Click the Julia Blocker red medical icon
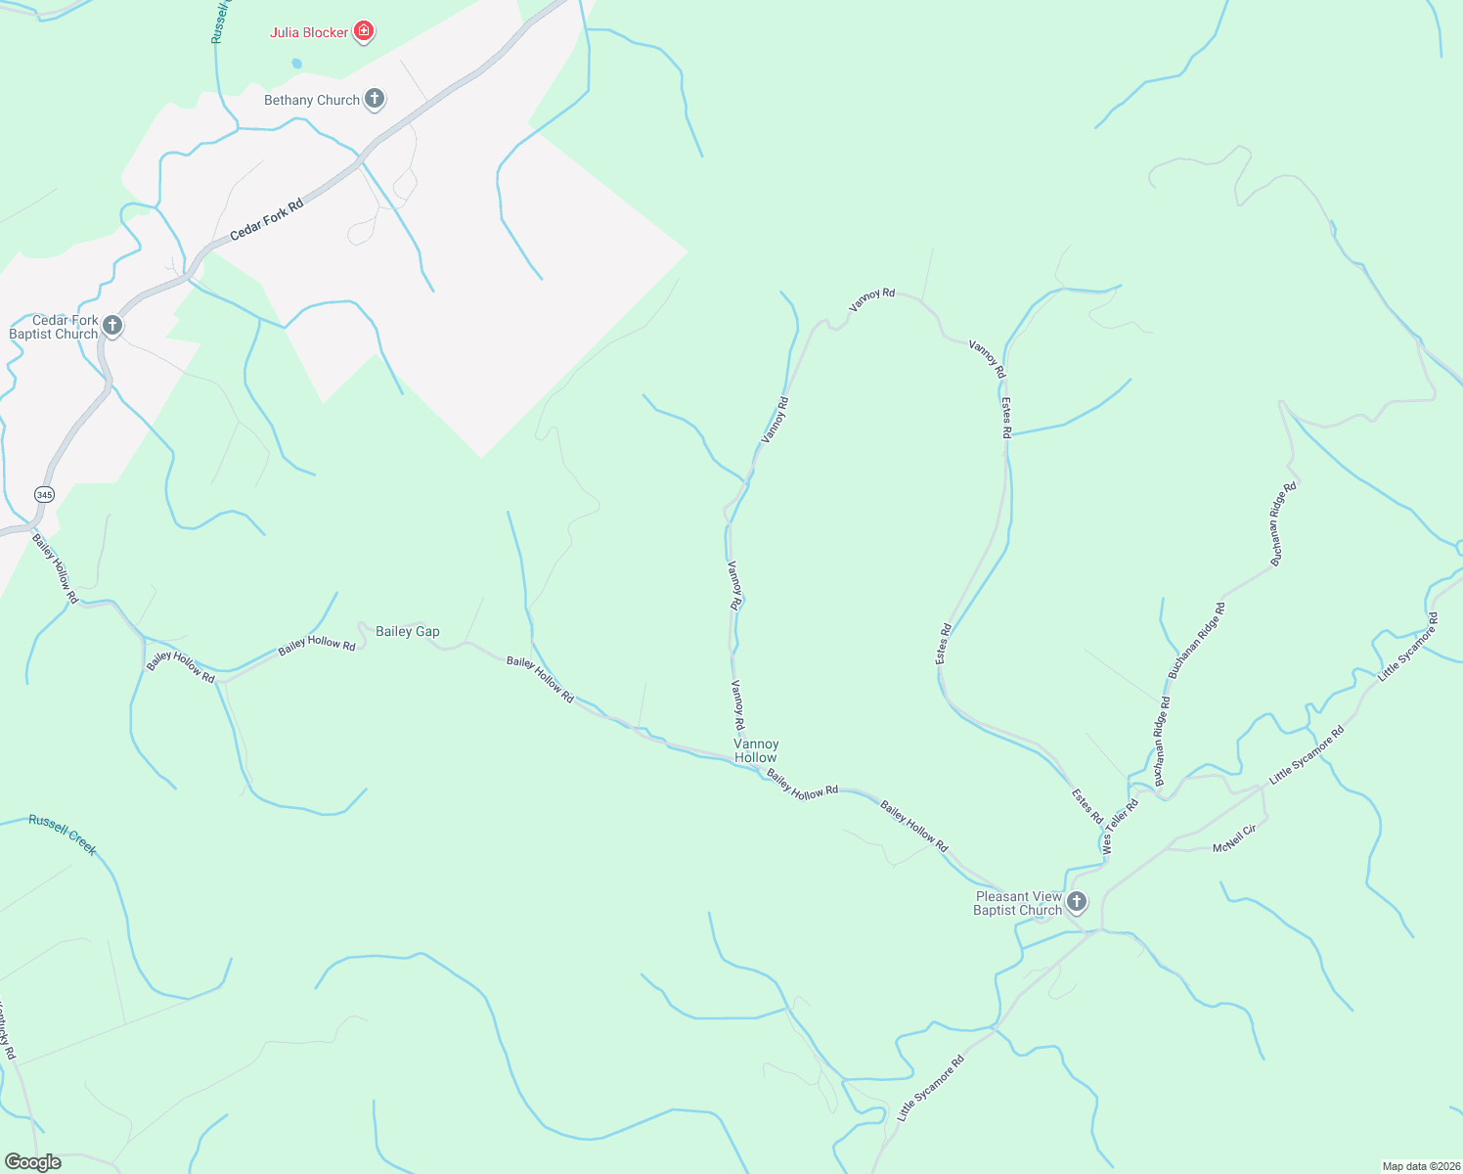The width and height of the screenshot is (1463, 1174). (364, 32)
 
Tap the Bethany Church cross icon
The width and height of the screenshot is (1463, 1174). (374, 99)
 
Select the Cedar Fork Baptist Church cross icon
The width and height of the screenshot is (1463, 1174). (112, 326)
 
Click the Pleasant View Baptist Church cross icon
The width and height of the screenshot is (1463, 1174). (1077, 902)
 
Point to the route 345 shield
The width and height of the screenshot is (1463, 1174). (44, 494)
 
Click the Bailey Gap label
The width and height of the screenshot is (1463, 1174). (408, 631)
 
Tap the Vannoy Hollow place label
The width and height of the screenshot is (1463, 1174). (756, 750)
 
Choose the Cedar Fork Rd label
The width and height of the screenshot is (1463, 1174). (267, 220)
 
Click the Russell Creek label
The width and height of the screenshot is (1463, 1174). (63, 834)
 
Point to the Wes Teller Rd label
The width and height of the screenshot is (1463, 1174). (1120, 828)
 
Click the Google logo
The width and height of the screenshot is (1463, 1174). (33, 1162)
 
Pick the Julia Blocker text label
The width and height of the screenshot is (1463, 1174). (309, 32)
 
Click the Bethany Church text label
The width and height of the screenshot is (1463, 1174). (312, 100)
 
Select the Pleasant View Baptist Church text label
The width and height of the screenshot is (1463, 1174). (1018, 903)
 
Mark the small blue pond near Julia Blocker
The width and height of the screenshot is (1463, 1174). (296, 64)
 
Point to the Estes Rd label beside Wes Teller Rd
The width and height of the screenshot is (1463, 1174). (1087, 806)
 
